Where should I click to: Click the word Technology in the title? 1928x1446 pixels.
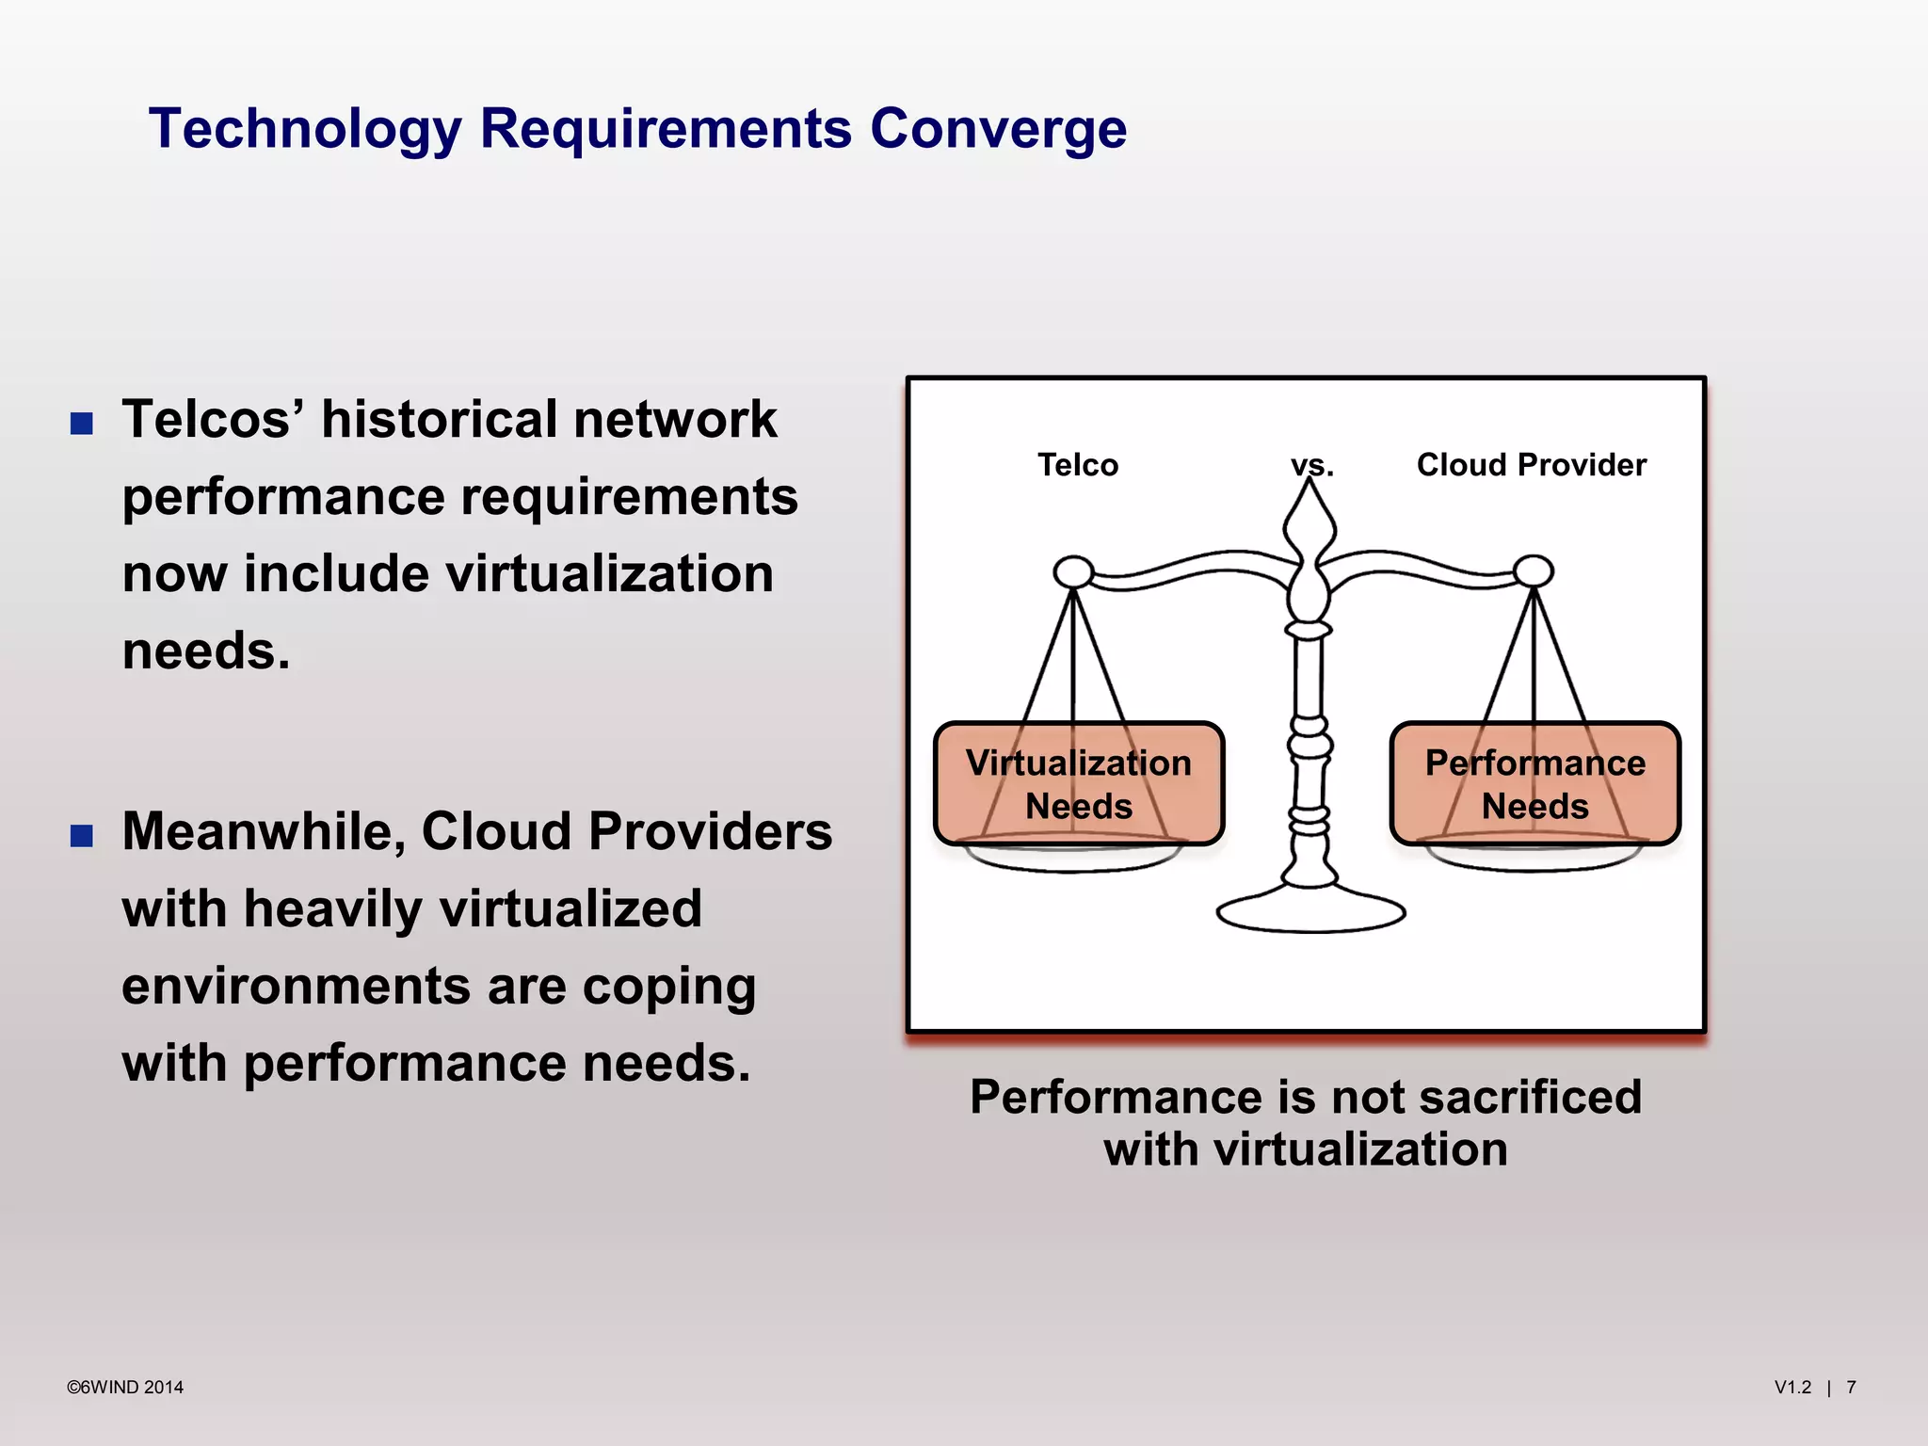pos(305,129)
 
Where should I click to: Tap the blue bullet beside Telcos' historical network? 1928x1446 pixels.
pos(82,423)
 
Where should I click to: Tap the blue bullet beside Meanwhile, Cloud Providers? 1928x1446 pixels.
pos(82,835)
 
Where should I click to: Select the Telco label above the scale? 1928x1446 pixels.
pos(1078,465)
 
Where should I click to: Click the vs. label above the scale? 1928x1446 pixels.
pos(1311,465)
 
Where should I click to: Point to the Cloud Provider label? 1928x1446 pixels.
pos(1531,465)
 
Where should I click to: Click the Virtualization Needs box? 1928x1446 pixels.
pos(1079,783)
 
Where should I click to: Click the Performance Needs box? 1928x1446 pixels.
pos(1534,783)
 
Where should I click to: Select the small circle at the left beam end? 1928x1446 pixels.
pos(1073,571)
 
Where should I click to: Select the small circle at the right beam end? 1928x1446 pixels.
pos(1534,570)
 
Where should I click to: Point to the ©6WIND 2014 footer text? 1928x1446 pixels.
pos(125,1387)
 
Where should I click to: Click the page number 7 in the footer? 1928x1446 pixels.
pos(1851,1387)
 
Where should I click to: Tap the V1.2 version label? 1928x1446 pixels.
pos(1792,1387)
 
